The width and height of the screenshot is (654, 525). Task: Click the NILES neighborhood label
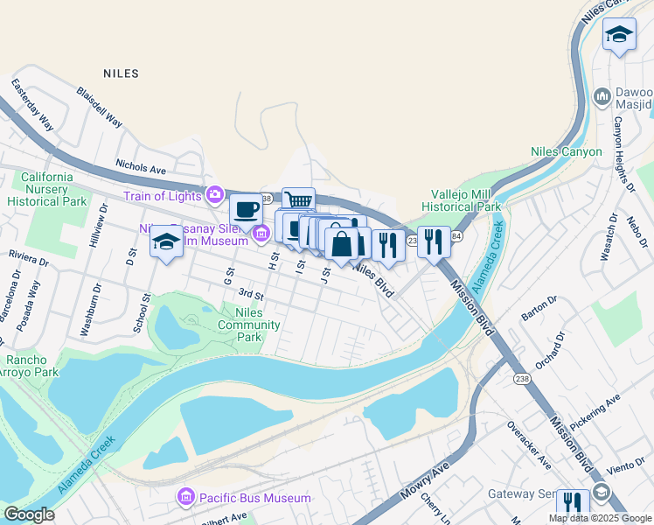pos(121,73)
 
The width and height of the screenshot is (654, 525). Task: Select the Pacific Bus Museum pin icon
pos(185,498)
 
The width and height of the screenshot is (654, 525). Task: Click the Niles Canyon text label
pos(567,151)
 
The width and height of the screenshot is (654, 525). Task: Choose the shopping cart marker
pos(298,202)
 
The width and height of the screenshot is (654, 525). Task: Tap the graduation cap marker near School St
pos(166,241)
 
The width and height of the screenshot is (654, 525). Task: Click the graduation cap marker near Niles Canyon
pos(619,35)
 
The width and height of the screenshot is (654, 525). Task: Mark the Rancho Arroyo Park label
pos(32,366)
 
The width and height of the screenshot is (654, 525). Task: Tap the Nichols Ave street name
pos(141,164)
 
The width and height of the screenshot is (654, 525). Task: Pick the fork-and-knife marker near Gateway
pos(573,504)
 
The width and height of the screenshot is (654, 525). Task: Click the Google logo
pos(29,514)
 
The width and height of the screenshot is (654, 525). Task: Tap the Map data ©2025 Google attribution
pos(600,518)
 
